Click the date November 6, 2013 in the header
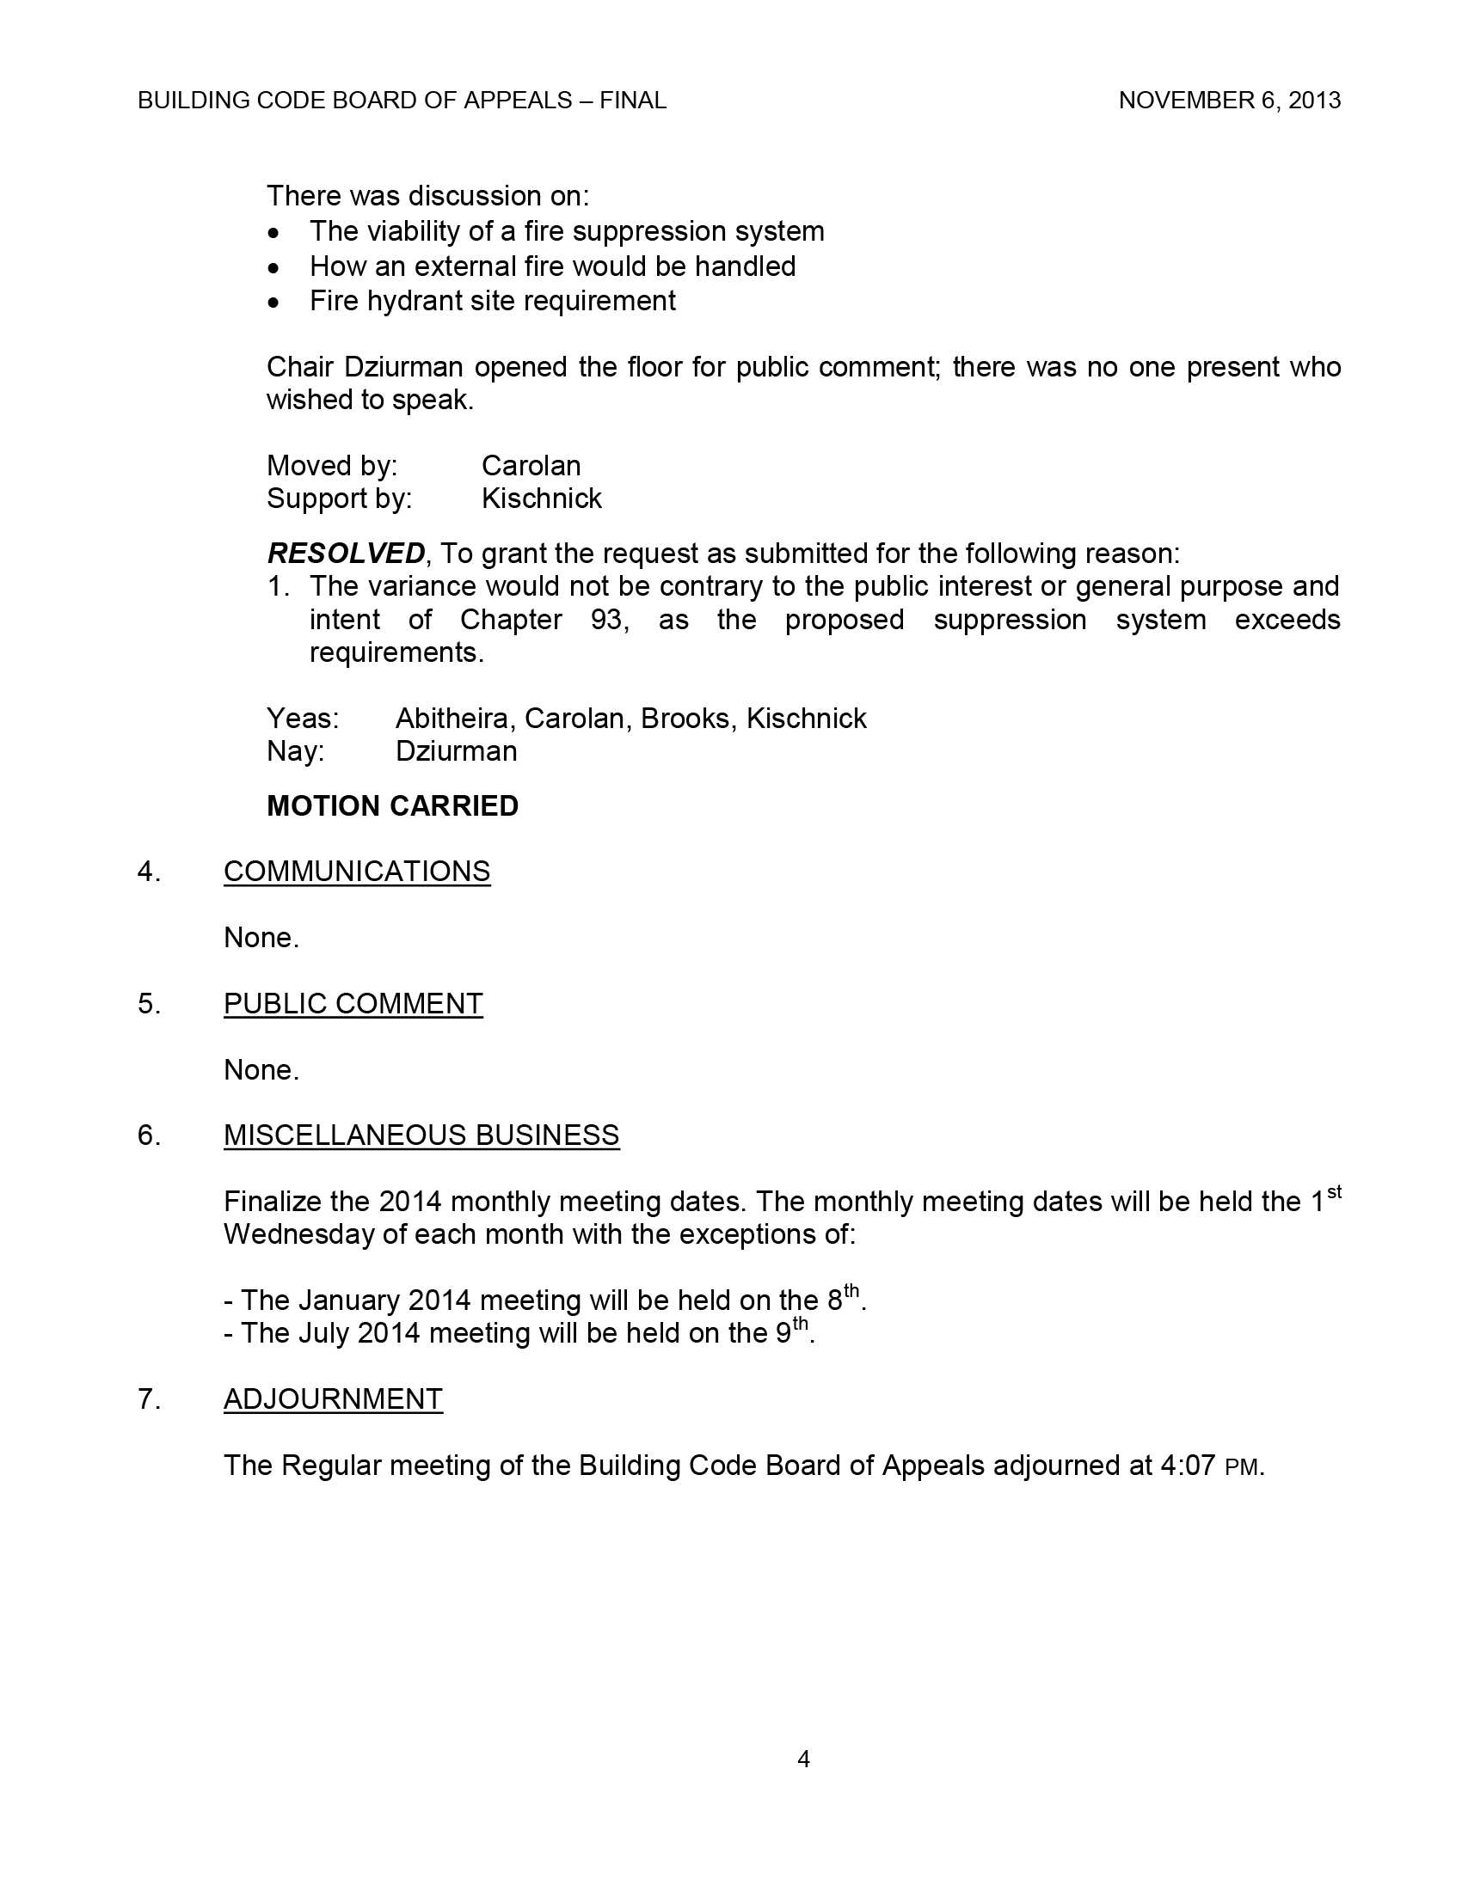point(1229,101)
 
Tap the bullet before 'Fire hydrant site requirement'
point(273,303)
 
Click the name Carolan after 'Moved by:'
point(530,466)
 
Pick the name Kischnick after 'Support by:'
point(541,499)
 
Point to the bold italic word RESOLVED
point(346,553)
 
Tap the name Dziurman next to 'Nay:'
point(456,750)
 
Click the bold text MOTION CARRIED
point(392,806)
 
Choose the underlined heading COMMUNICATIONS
point(357,871)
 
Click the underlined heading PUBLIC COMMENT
point(353,1003)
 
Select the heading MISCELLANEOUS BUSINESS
point(421,1135)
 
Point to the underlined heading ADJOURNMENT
point(333,1399)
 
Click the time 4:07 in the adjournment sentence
point(1188,1466)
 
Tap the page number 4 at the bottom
point(803,1759)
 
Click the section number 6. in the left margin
point(149,1135)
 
